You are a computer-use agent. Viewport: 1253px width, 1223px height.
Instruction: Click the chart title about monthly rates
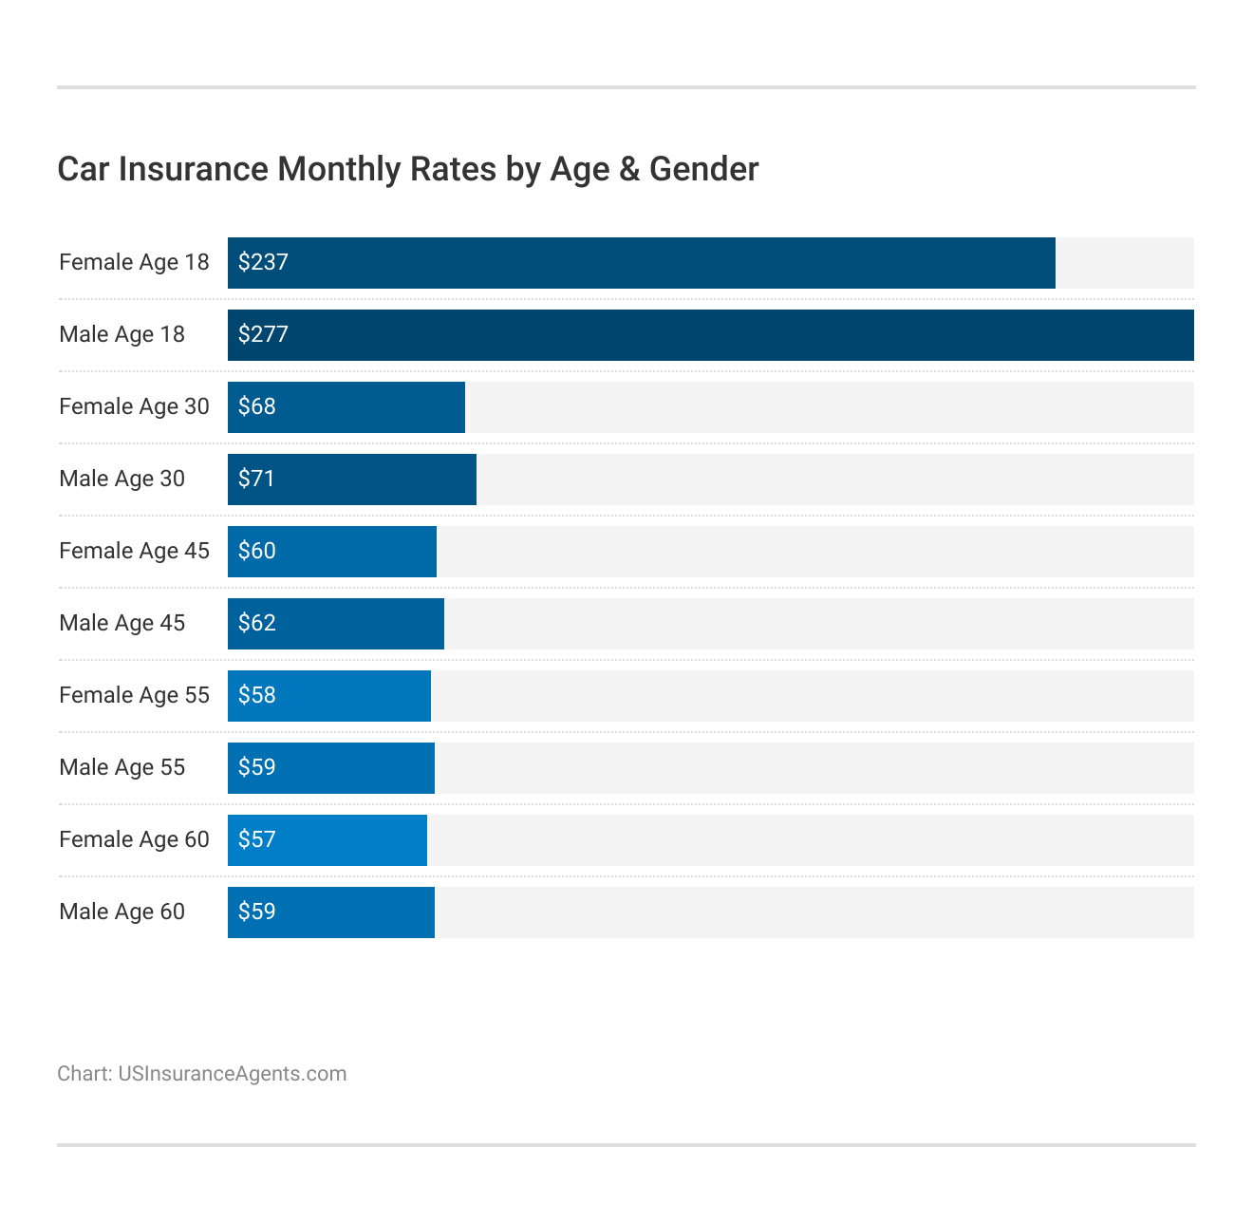tap(407, 169)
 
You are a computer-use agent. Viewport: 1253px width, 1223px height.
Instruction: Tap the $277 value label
tap(263, 334)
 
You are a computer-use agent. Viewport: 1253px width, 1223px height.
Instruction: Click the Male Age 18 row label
tap(122, 334)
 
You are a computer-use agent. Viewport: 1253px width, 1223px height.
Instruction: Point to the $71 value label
tap(256, 479)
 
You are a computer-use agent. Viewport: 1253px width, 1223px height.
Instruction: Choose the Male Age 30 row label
tap(122, 479)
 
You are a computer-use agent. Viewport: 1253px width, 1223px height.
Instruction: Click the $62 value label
tap(256, 623)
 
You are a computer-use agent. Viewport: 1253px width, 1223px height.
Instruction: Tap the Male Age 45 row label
tap(122, 623)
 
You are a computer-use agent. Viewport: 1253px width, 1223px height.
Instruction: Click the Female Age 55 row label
tap(134, 695)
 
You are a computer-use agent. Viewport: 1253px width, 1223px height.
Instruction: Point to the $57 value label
tap(256, 839)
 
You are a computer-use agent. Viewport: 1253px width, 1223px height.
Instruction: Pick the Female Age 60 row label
tap(134, 839)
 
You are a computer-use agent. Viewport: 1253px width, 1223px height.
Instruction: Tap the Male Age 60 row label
tap(122, 912)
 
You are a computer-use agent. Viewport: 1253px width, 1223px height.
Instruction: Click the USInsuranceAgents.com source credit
tap(232, 1074)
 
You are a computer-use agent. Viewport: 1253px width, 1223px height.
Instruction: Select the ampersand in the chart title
tap(628, 169)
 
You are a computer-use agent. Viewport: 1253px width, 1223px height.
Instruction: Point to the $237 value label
tap(263, 262)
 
